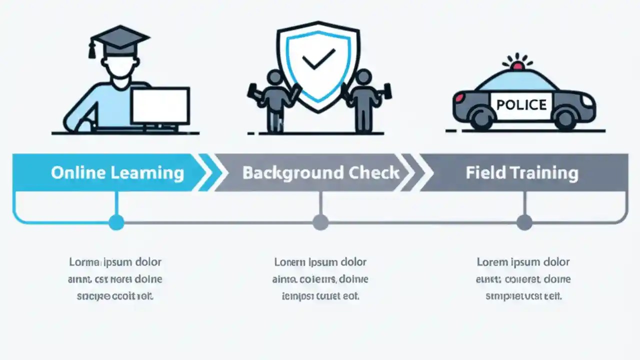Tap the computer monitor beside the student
click(x=160, y=105)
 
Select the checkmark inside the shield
click(x=318, y=59)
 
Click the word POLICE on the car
click(x=521, y=105)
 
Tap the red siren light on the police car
click(x=517, y=65)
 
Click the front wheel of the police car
click(x=566, y=118)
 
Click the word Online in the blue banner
click(x=78, y=173)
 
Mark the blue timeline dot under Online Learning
click(x=116, y=222)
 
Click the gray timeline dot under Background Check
click(x=320, y=222)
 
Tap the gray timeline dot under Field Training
click(x=524, y=222)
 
